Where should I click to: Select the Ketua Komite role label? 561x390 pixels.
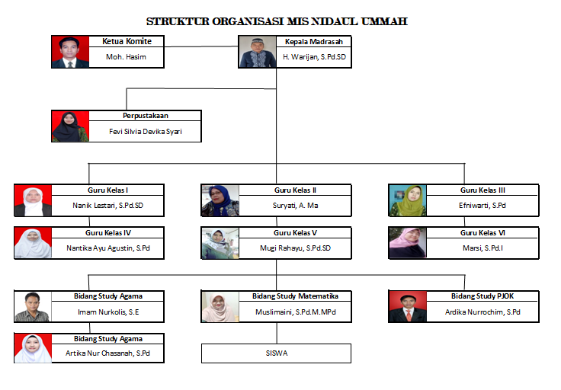pyautogui.click(x=127, y=41)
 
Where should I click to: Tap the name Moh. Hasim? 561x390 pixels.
pyautogui.click(x=126, y=57)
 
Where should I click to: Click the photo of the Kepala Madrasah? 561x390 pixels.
pyautogui.click(x=258, y=52)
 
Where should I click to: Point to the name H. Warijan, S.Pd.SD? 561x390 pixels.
pyautogui.click(x=314, y=57)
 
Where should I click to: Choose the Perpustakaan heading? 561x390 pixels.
pyautogui.click(x=146, y=116)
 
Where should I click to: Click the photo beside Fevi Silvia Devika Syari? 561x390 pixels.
pyautogui.click(x=70, y=126)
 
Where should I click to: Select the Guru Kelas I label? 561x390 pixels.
pyautogui.click(x=107, y=190)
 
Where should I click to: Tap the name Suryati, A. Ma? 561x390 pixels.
pyautogui.click(x=295, y=206)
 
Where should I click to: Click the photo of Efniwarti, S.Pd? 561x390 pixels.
pyautogui.click(x=408, y=200)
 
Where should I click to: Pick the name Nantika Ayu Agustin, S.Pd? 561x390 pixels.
pyautogui.click(x=108, y=248)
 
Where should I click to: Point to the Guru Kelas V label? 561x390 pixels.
pyautogui.click(x=295, y=233)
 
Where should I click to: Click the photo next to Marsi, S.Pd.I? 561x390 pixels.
pyautogui.click(x=408, y=243)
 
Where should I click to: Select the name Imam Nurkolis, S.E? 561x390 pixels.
pyautogui.click(x=108, y=312)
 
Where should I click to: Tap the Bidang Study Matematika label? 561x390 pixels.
pyautogui.click(x=295, y=296)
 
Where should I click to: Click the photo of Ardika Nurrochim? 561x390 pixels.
pyautogui.click(x=408, y=307)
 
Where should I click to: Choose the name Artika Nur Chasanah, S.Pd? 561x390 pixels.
pyautogui.click(x=107, y=353)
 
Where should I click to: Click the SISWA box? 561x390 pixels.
pyautogui.click(x=276, y=353)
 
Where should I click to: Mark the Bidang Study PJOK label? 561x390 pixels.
pyautogui.click(x=482, y=296)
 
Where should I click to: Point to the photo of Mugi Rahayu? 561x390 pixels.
pyautogui.click(x=220, y=243)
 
